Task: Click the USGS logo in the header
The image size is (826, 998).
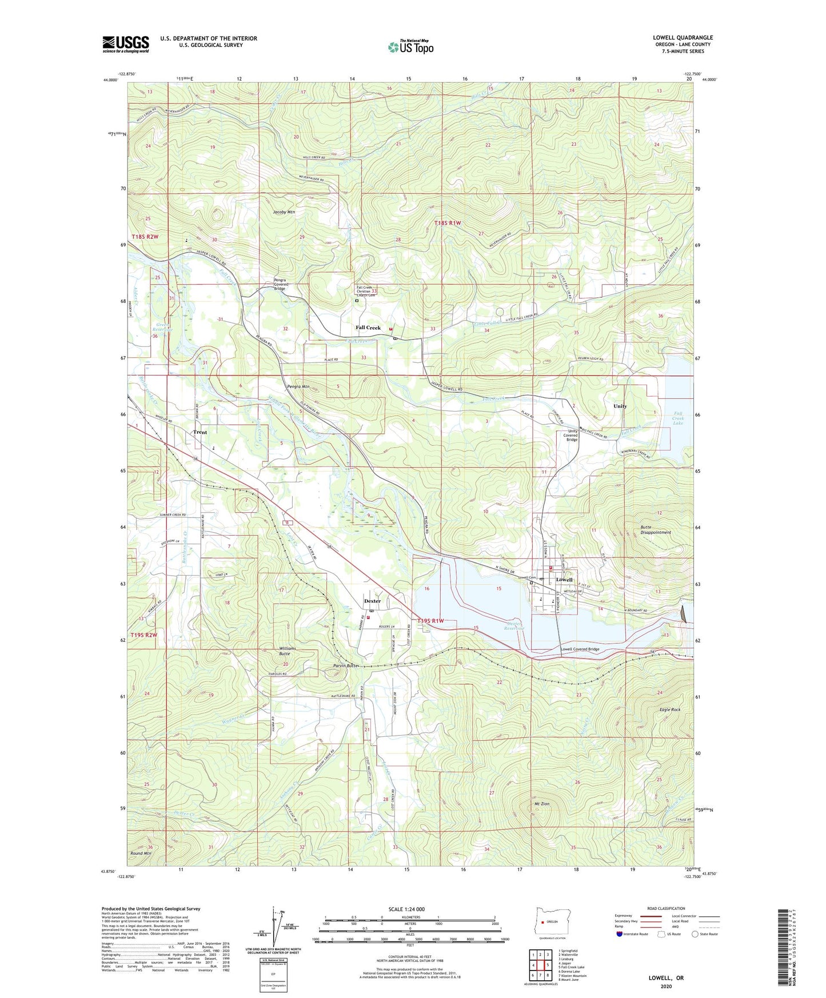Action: click(125, 44)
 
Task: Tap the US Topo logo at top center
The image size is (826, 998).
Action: click(410, 47)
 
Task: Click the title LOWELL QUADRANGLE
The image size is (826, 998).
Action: click(683, 38)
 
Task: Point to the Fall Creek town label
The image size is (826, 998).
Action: click(368, 328)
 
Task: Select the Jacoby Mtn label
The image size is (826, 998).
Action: click(284, 212)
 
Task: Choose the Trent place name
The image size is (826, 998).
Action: click(199, 432)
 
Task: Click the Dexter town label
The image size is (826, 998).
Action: click(372, 601)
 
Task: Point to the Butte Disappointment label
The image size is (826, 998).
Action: click(655, 529)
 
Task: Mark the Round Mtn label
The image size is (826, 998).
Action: click(141, 853)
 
